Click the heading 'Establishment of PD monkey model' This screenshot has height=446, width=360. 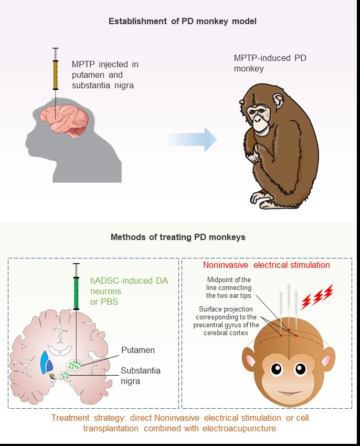click(x=183, y=22)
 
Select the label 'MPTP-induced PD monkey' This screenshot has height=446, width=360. click(x=270, y=63)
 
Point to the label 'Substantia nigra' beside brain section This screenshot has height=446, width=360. click(x=141, y=376)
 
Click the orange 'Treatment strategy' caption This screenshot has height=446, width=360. click(x=180, y=423)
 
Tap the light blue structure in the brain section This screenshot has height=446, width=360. click(x=44, y=362)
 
